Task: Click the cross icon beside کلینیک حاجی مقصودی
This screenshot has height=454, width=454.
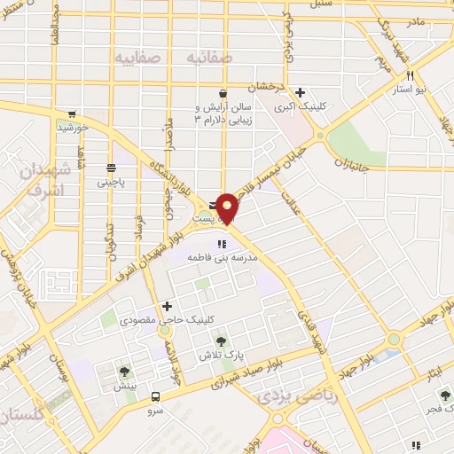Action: [167, 305]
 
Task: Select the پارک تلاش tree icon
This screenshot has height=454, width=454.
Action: [221, 340]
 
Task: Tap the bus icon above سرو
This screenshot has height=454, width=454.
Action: [156, 396]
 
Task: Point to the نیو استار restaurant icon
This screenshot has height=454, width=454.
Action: [410, 76]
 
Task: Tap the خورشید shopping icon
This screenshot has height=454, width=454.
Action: [70, 114]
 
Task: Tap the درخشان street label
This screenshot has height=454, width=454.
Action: [262, 89]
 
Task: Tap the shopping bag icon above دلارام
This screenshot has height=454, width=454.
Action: [222, 92]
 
